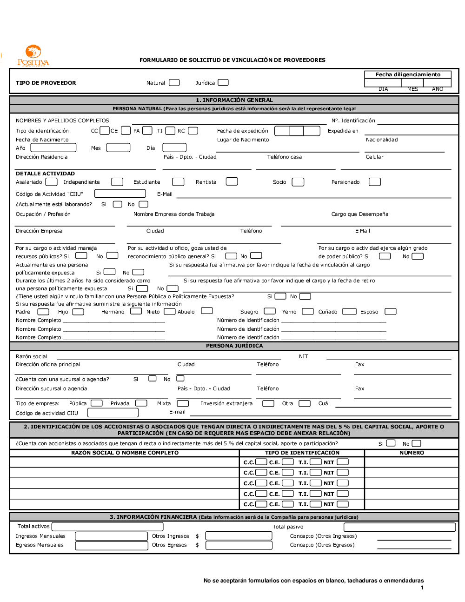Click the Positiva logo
pos(33,56)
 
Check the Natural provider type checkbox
pos(174,83)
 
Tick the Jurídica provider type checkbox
pos(223,82)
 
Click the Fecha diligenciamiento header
pos(408,74)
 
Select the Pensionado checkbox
pos(375,182)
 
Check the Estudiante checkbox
pos(178,182)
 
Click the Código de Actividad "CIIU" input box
pos(120,194)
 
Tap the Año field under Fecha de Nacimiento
pos(53,148)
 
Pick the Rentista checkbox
pos(232,181)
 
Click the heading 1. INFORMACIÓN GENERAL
pos(234,100)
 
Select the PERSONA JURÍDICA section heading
pos(234,346)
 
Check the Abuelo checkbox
pos(207,311)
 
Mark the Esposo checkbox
pos(391,312)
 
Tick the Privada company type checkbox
pos(141,403)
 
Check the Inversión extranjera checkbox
pos(268,403)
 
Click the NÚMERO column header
pos(412,453)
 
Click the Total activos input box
pos(107,527)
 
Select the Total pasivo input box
pos(399,527)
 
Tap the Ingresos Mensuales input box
pos(111,536)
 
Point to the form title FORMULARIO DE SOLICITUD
pos(232,60)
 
